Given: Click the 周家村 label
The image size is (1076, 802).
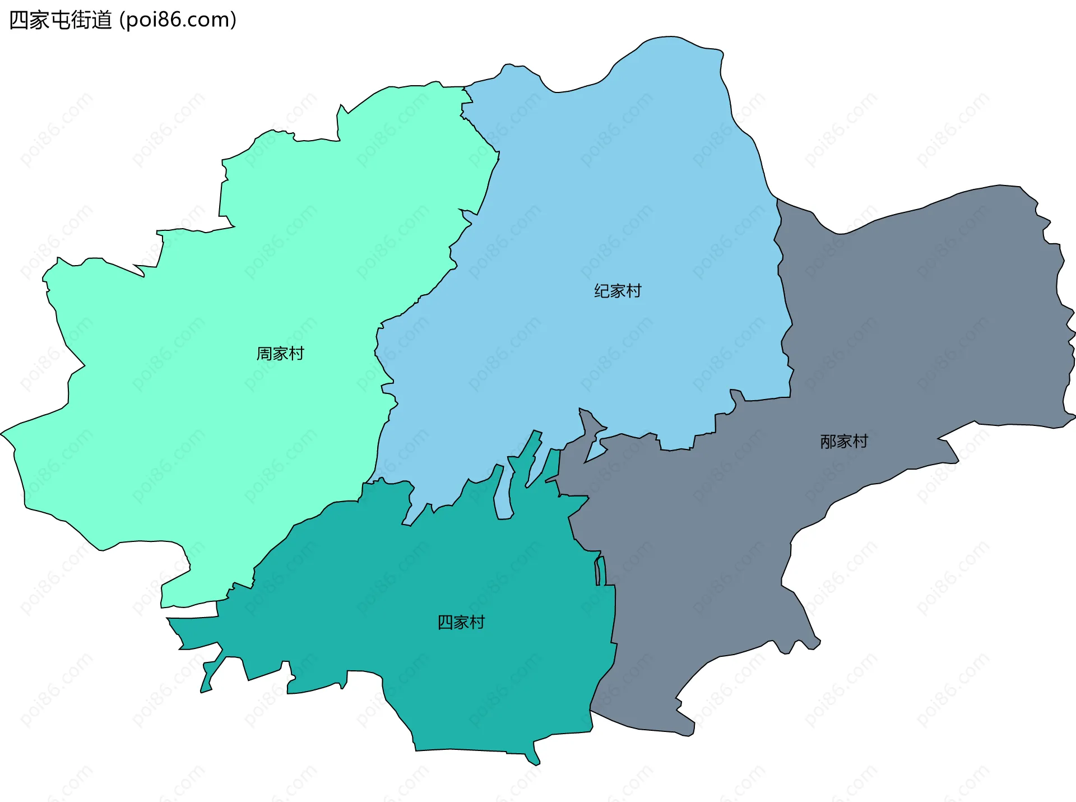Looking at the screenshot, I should point(280,354).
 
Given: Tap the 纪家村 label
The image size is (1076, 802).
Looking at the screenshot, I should point(618,291).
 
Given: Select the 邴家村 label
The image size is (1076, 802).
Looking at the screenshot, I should point(843,442).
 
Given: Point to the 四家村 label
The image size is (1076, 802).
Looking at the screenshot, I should point(461,622).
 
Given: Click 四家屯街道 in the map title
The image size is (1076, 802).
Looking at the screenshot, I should point(61,20).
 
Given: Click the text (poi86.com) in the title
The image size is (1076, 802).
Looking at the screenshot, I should point(178,20).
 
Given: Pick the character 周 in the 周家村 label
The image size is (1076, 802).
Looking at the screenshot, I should point(264,354).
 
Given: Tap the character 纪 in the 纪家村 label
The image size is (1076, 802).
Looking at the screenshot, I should point(602,291).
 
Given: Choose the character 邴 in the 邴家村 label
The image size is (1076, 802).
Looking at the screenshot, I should point(828,442).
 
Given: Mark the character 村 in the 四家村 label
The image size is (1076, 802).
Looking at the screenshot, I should point(477,622).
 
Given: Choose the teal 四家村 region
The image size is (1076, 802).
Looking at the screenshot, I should point(448,673).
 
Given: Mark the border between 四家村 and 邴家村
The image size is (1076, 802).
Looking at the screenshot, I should point(614,616).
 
